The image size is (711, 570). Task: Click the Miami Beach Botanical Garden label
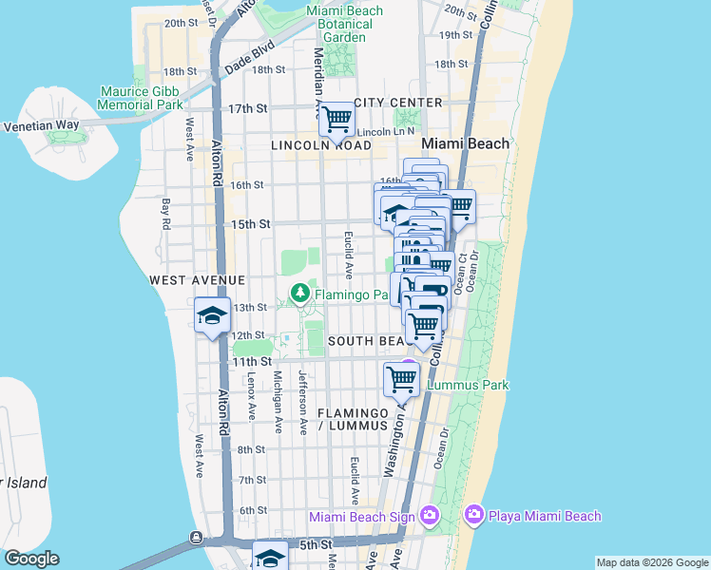point(344,24)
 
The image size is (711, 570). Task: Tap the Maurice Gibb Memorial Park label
point(142,98)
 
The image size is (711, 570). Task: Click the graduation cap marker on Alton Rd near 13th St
point(212,316)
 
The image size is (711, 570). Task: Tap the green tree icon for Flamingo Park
point(300,294)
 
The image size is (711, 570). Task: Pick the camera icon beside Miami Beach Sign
point(429,515)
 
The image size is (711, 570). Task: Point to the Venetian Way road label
point(39,125)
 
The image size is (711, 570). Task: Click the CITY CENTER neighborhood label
point(397,103)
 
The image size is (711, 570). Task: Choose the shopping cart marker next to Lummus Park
point(401,379)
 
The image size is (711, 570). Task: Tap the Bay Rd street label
point(165,213)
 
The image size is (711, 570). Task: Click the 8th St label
point(251,449)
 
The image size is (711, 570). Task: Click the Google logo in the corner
point(31,559)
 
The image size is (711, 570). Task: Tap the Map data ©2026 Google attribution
point(652,562)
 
